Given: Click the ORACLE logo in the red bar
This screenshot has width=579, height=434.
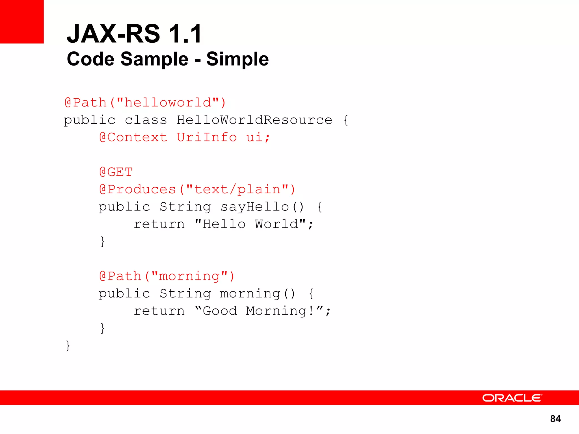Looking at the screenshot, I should tap(512, 398).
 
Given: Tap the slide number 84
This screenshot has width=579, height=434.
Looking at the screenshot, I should tap(555, 419).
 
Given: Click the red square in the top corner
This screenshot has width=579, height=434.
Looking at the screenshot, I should tap(22, 22).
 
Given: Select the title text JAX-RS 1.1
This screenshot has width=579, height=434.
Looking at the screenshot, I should tap(134, 34).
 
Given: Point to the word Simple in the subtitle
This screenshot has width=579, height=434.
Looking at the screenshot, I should tap(237, 59).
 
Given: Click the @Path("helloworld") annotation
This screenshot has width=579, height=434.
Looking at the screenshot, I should tap(145, 103).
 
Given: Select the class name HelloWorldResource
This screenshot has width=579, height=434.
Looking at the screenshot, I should tap(254, 120).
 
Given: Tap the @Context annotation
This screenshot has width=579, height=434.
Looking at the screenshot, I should tap(133, 138).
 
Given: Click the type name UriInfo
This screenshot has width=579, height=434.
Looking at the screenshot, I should tap(207, 138).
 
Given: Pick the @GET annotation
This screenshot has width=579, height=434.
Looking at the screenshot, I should tap(116, 172).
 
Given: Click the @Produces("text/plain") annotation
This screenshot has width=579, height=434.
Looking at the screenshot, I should tap(197, 189).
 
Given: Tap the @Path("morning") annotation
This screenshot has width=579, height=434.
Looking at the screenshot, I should tap(167, 276).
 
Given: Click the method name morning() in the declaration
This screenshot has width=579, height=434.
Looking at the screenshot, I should tap(258, 294).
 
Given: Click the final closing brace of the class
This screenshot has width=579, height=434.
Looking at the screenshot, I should tap(68, 346).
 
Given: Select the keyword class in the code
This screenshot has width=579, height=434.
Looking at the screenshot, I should tap(146, 120).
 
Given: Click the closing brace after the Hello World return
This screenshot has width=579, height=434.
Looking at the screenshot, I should tap(103, 242).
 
